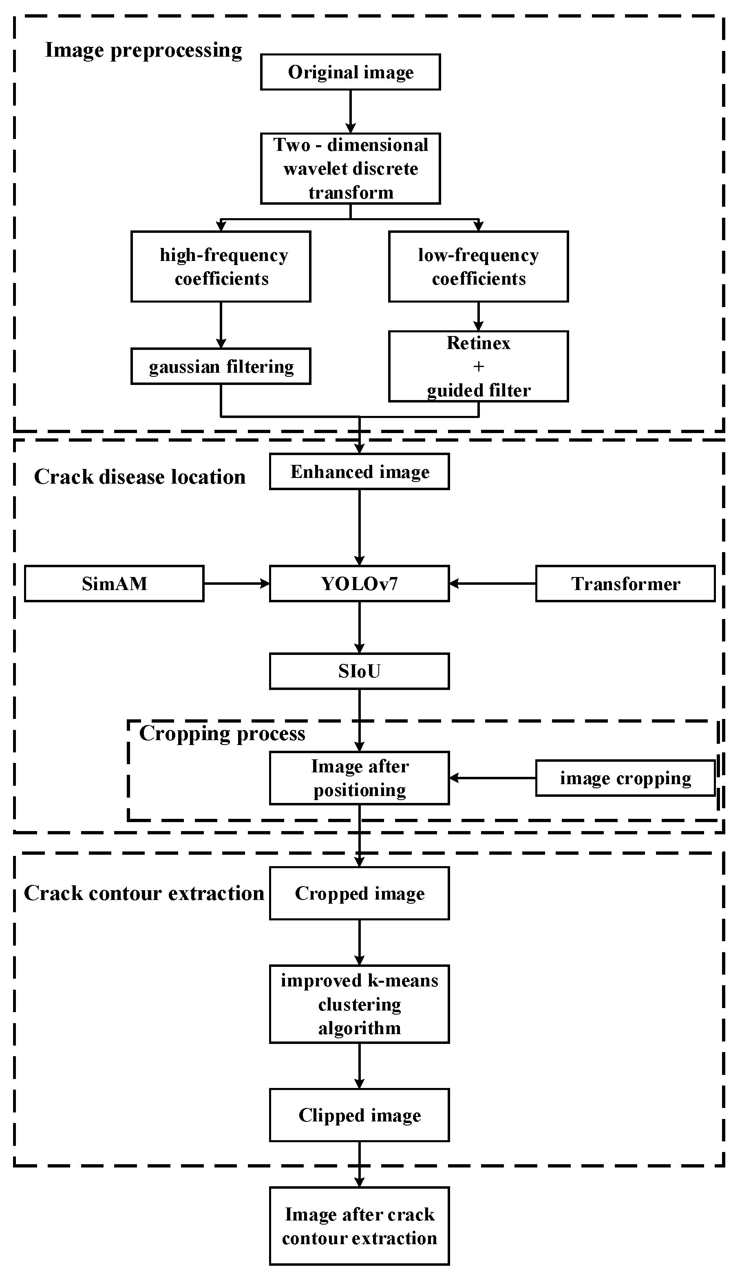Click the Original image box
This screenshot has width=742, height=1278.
(x=351, y=72)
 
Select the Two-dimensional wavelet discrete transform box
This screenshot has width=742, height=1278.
(x=351, y=168)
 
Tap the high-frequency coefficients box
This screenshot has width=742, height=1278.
(x=221, y=267)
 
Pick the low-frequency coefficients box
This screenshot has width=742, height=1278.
(x=478, y=267)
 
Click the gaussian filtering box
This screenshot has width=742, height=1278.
(x=221, y=366)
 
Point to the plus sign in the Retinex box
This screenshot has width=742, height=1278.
(x=478, y=366)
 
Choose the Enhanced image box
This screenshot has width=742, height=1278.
(x=359, y=472)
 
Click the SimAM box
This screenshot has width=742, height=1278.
(x=114, y=584)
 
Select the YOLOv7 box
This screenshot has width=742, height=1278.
(x=359, y=584)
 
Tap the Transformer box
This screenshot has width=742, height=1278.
(x=625, y=584)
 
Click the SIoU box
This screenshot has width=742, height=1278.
(x=359, y=672)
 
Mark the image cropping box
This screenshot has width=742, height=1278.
(x=625, y=778)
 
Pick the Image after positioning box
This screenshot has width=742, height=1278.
(x=359, y=778)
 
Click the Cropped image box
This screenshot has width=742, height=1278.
(x=359, y=893)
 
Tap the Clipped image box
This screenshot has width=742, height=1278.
(x=359, y=1115)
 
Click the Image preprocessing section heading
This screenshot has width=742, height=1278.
(x=144, y=50)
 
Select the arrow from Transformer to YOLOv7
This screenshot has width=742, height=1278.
(x=492, y=584)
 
